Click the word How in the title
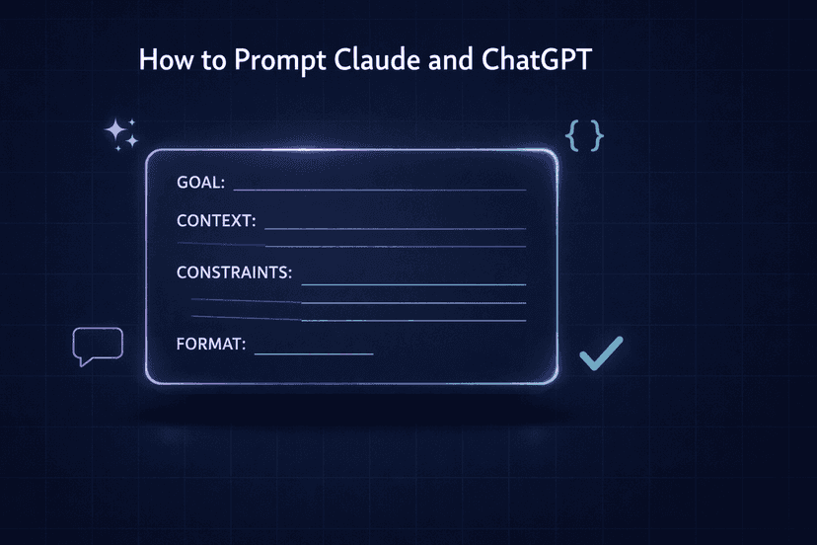(x=162, y=59)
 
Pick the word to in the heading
(x=210, y=59)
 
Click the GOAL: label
(x=200, y=183)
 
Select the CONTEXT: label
(x=216, y=220)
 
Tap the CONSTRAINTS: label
(x=234, y=272)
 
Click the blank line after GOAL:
(x=379, y=189)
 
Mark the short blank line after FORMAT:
(x=314, y=352)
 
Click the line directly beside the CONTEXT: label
(x=395, y=228)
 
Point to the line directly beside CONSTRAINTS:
(x=412, y=284)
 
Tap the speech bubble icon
(x=98, y=344)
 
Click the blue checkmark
(x=600, y=352)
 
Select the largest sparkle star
(x=116, y=128)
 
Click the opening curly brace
(x=571, y=136)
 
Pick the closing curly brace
(x=596, y=136)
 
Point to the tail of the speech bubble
(x=83, y=361)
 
